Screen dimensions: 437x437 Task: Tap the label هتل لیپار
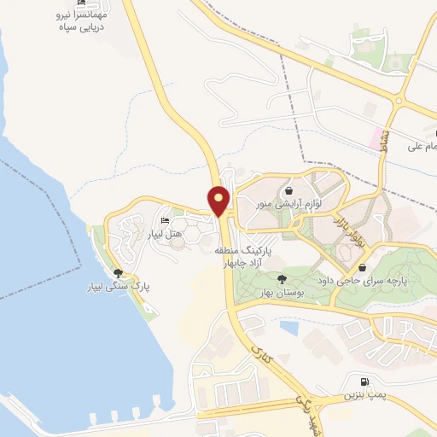click(164, 234)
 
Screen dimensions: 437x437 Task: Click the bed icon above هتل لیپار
click(165, 222)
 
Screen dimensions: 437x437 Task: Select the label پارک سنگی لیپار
click(121, 286)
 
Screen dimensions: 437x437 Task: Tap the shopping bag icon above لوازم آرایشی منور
click(290, 192)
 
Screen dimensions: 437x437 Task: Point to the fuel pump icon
click(366, 382)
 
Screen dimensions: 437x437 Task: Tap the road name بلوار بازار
click(348, 226)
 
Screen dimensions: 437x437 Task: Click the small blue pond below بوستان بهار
click(288, 326)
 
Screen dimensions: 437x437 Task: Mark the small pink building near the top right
click(376, 136)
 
